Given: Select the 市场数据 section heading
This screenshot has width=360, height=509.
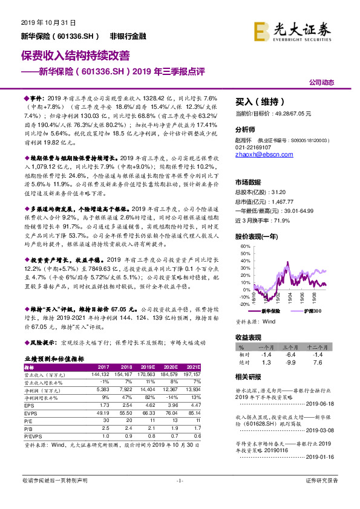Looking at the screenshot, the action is click(x=248, y=181).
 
